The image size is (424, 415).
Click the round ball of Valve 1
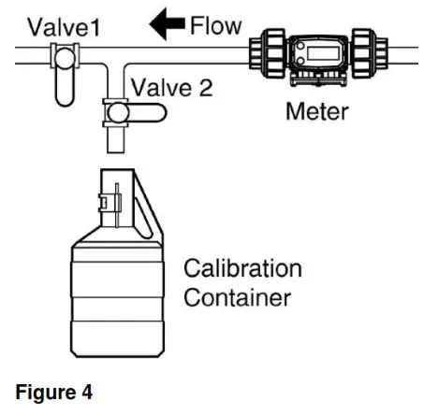point(64,58)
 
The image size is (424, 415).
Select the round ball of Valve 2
point(117,113)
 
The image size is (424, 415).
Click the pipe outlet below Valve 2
point(117,141)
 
